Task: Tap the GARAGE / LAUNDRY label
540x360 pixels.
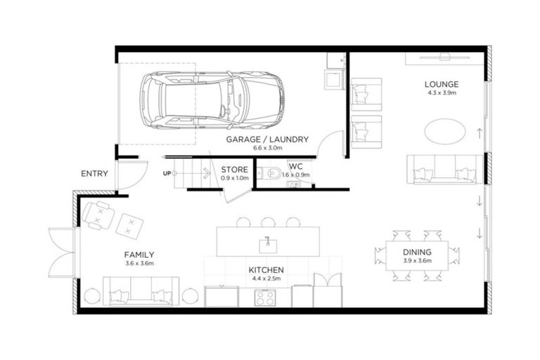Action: [254, 140]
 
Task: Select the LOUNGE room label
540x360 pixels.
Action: [441, 83]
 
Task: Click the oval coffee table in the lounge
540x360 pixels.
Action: [444, 131]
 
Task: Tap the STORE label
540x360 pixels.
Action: [235, 169]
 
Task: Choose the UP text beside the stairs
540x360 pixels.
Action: [167, 173]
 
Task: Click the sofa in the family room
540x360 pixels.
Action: [141, 290]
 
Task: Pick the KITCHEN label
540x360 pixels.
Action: [266, 269]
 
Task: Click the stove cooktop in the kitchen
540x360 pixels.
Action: [265, 297]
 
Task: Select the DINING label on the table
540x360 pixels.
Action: [417, 252]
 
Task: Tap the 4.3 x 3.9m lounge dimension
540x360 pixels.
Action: [441, 92]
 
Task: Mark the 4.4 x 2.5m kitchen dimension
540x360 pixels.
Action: [266, 278]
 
